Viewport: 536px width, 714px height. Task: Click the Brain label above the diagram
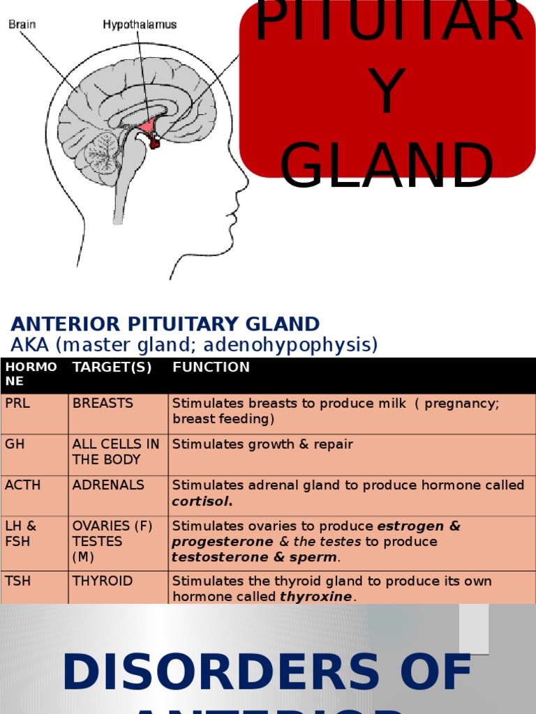coord(22,24)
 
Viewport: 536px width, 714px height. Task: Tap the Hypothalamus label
coord(140,24)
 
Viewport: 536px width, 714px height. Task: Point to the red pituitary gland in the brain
coord(154,142)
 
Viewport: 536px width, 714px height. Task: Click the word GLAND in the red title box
coord(387,166)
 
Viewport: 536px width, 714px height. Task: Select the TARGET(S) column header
coord(112,367)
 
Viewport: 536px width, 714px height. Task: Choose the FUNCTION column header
coord(211,367)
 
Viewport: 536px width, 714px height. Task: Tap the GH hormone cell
coord(15,444)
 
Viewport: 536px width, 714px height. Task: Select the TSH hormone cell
coord(17,581)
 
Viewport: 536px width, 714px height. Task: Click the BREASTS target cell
coord(103,404)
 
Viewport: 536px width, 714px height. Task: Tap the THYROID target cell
coord(103,581)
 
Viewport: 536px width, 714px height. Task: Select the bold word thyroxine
coord(316,597)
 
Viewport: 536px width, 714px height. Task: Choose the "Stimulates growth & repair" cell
coord(262,444)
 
